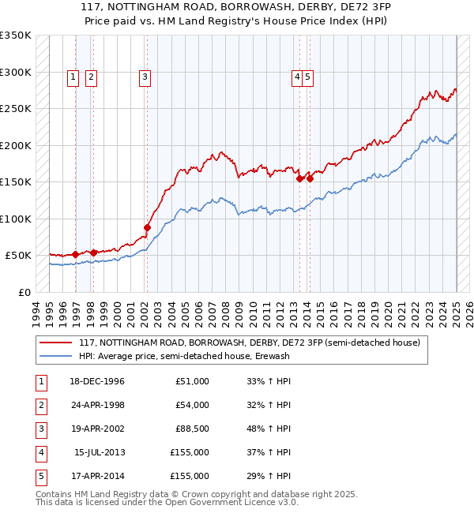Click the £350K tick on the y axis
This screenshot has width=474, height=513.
point(16,36)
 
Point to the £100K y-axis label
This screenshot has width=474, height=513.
point(16,219)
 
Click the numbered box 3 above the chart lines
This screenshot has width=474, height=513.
point(145,77)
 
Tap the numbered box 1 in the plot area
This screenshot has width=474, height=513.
point(73,77)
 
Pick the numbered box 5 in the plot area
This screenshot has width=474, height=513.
point(307,77)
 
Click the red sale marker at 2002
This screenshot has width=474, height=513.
point(147,227)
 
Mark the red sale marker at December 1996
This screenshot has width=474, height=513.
point(75,254)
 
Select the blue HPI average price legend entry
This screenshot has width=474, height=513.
point(184,356)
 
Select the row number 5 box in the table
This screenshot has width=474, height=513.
point(40,476)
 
